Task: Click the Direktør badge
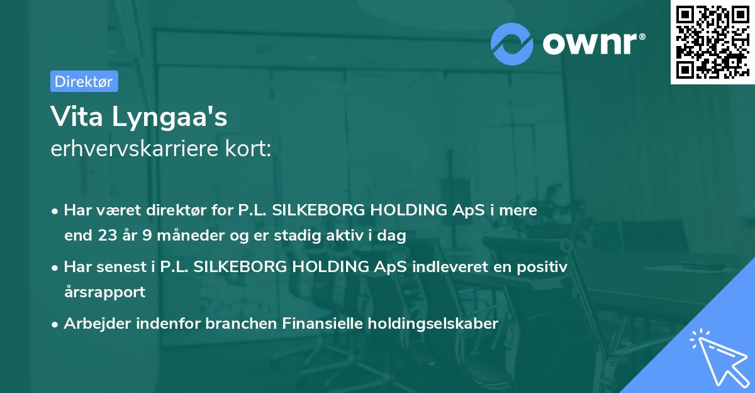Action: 84,81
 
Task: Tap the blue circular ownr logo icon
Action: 512,43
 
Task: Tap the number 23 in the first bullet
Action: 106,236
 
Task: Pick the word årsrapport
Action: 104,292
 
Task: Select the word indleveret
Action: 441,267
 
